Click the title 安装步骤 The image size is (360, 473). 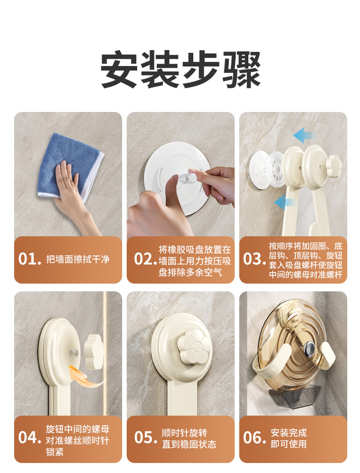pos(180,70)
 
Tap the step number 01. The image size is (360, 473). pos(29,259)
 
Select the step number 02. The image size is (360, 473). pos(145,259)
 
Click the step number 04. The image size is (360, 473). pos(29,437)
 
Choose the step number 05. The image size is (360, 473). pos(145,437)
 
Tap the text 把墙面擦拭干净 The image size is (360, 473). pos(78,259)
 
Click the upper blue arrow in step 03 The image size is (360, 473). pos(304,135)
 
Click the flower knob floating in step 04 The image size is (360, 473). pos(94,351)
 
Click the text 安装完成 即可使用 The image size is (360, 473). pos(288,438)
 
